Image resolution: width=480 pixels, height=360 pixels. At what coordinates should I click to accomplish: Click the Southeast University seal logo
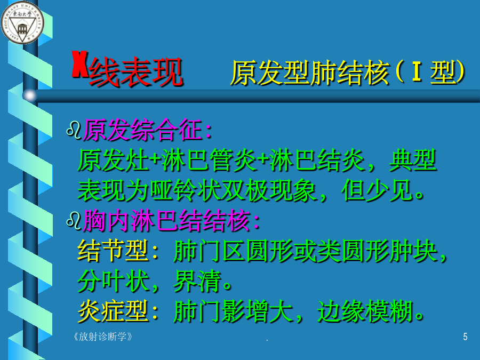tap(22, 22)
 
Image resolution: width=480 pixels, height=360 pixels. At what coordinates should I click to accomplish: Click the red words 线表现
tap(136, 73)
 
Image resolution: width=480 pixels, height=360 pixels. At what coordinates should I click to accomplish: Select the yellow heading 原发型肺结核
tap(309, 73)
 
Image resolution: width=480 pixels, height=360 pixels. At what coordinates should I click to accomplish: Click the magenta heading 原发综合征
tap(142, 130)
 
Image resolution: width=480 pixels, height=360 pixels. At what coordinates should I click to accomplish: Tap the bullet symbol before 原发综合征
tap(74, 131)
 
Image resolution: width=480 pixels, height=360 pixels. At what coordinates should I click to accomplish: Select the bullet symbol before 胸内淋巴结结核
tap(74, 221)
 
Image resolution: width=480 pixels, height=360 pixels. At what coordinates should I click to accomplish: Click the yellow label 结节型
tap(113, 251)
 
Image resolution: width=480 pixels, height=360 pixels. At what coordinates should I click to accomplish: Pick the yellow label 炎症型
tap(113, 311)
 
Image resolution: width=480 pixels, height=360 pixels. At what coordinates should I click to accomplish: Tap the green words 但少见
tap(377, 190)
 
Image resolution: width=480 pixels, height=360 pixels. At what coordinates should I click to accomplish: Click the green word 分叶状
tap(113, 281)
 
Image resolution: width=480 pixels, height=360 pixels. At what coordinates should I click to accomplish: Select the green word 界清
tap(197, 281)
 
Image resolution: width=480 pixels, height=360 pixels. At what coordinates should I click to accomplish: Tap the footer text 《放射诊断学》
tap(102, 337)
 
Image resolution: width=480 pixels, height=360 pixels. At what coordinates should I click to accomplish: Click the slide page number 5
tap(465, 337)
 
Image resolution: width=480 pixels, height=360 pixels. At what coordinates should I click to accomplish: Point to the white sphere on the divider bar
tap(30, 95)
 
